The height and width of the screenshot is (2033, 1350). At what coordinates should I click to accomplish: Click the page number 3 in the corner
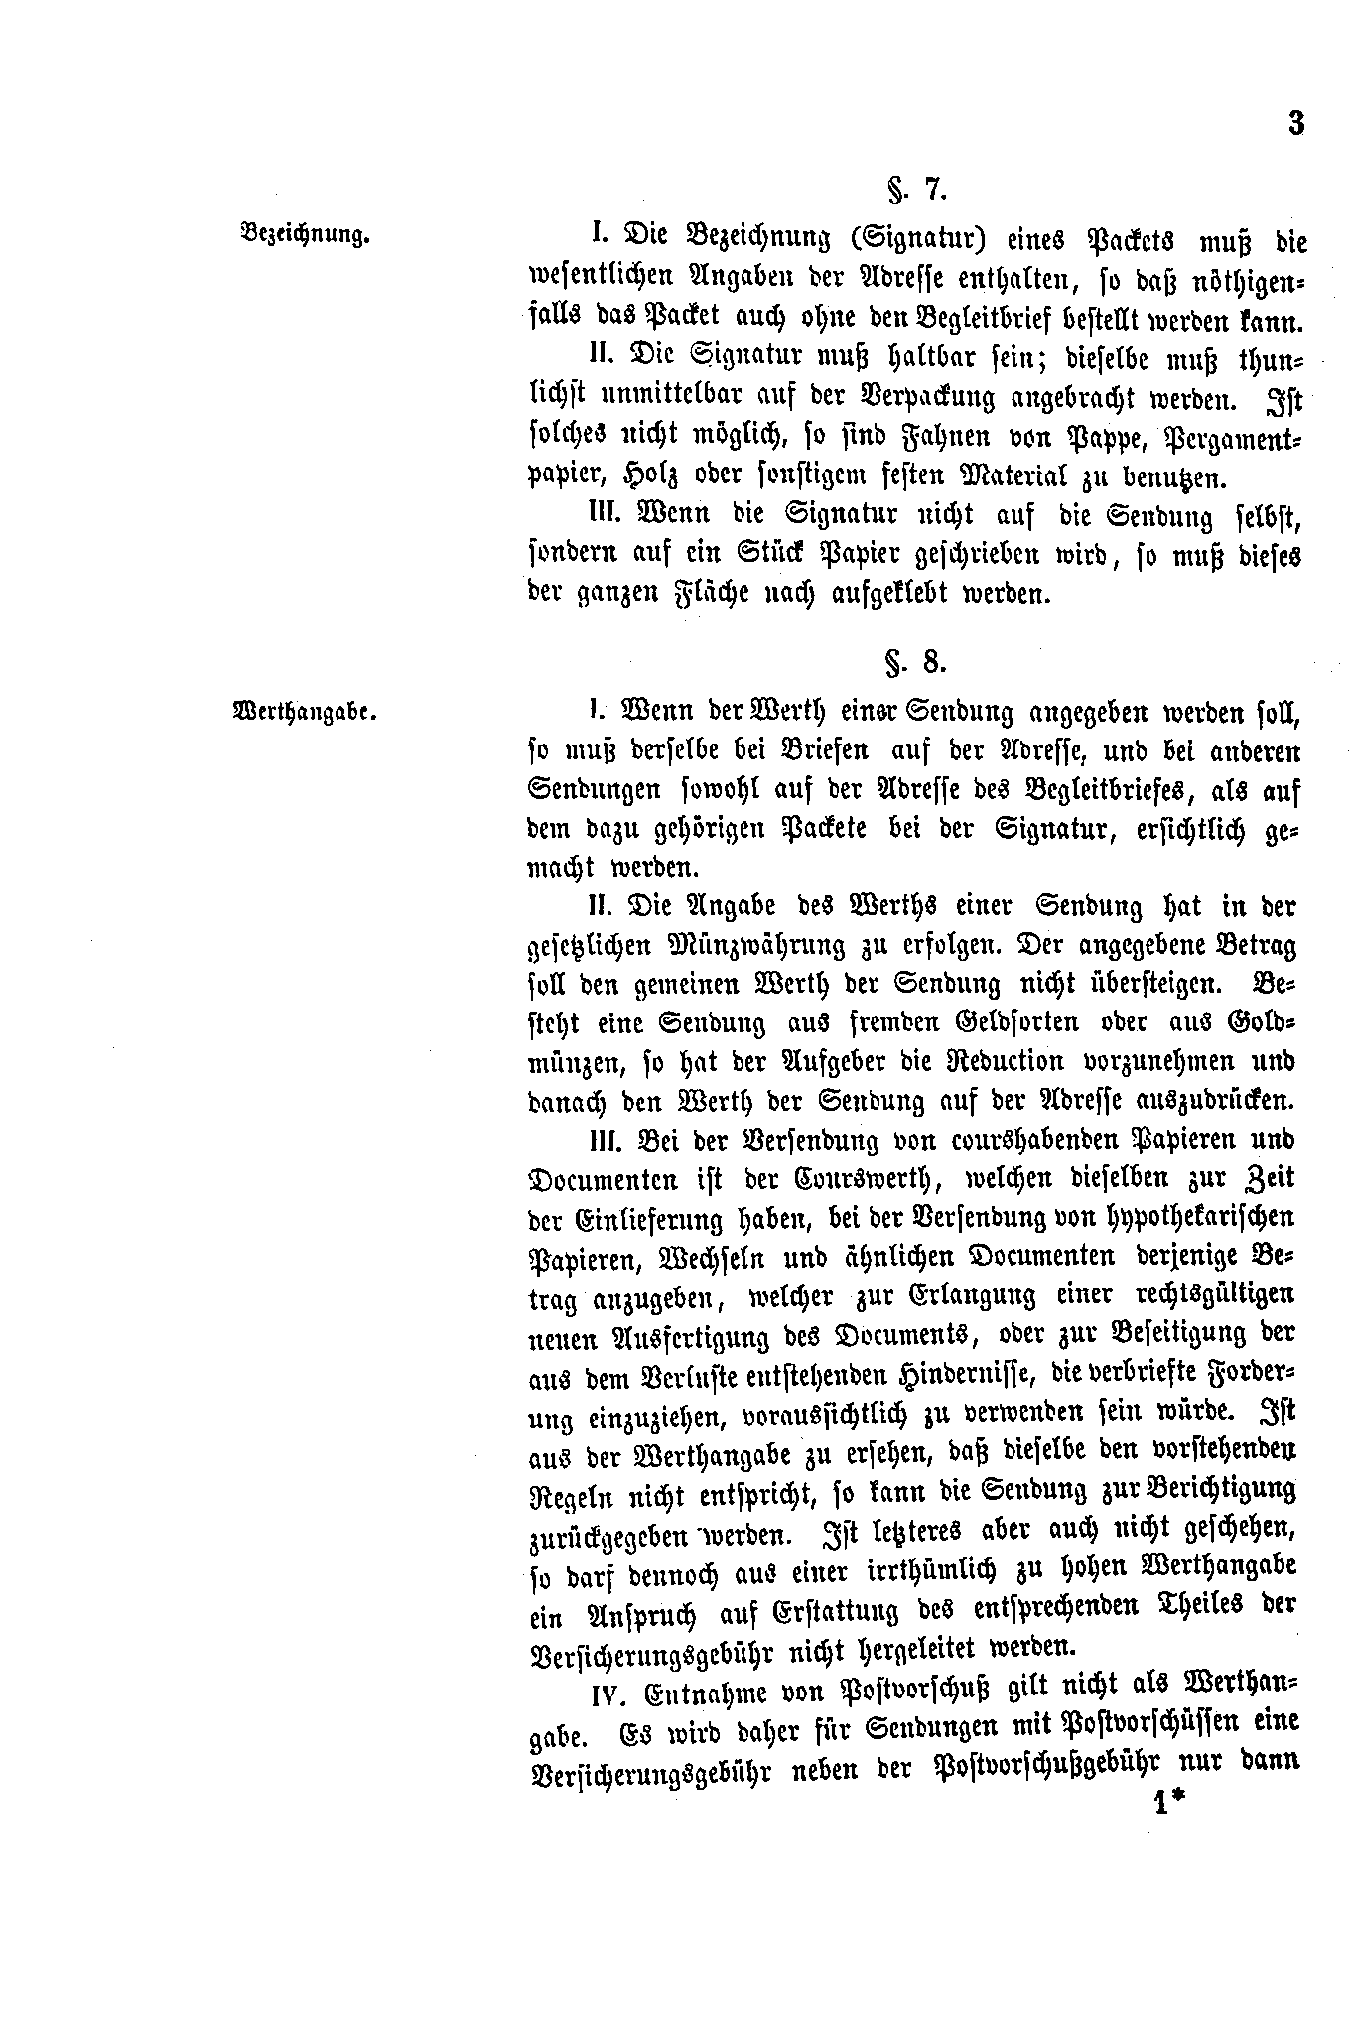pos(1295,125)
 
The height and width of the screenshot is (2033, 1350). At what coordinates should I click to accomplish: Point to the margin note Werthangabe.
pos(304,711)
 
